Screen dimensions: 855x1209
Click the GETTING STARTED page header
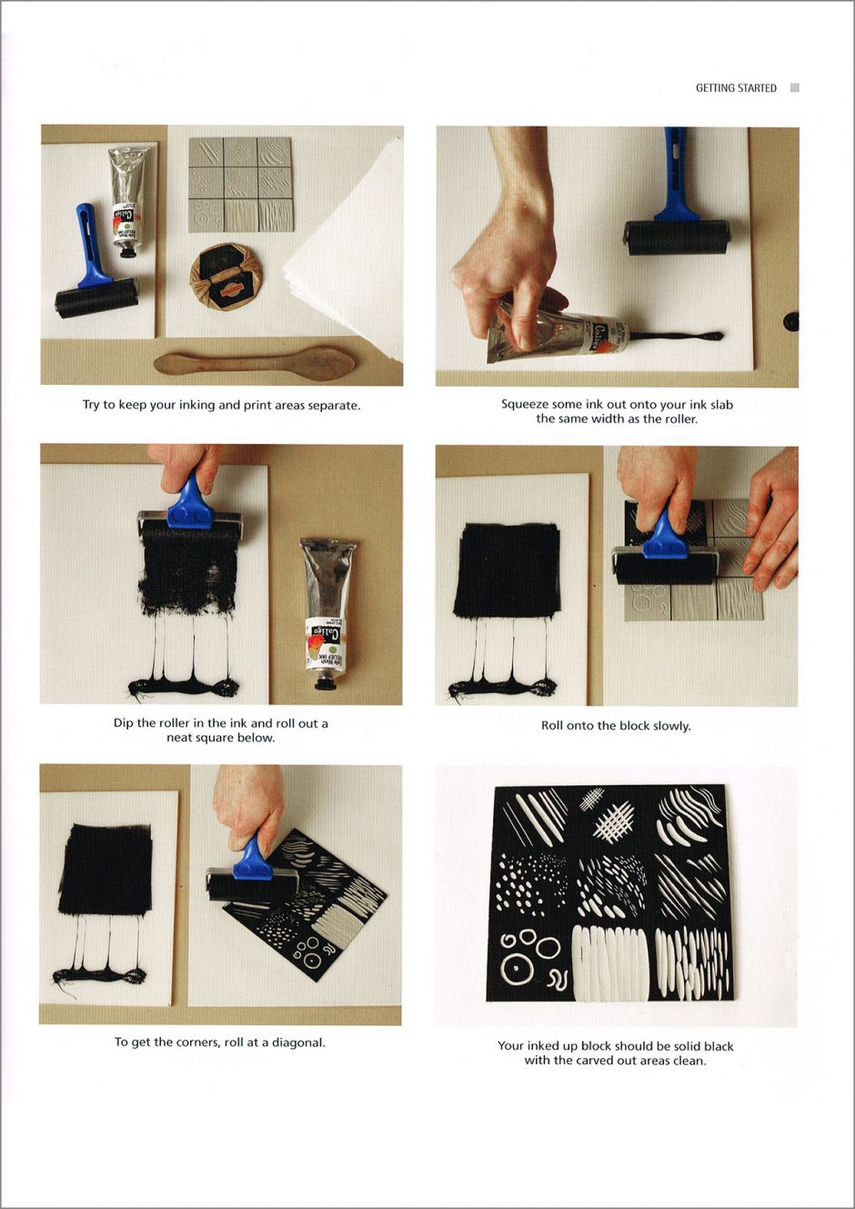[736, 88]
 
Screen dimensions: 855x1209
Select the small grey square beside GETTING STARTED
[795, 88]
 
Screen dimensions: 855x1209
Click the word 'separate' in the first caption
[333, 406]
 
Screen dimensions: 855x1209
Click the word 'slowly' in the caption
[672, 726]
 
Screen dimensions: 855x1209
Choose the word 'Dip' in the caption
[123, 723]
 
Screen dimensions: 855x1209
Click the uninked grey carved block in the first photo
[241, 184]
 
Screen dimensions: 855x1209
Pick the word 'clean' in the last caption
[689, 1061]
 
